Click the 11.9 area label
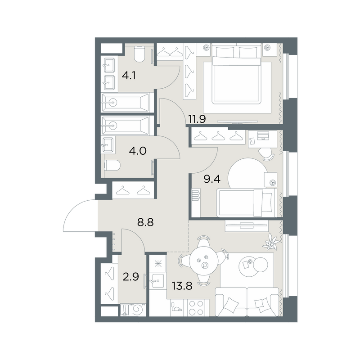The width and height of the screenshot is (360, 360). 197,119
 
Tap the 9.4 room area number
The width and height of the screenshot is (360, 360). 212,179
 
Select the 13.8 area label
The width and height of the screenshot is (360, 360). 182,286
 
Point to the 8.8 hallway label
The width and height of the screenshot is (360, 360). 145,222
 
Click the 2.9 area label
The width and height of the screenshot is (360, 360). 131,277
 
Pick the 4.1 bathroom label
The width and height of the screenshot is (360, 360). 129,75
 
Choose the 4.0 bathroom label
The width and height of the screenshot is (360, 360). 138,151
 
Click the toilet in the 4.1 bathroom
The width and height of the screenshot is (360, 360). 139,54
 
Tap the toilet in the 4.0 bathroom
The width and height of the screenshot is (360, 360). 112,165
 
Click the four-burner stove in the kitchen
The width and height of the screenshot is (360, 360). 196,308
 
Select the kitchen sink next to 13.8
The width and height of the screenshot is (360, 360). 157,280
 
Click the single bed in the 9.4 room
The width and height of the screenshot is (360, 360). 247,202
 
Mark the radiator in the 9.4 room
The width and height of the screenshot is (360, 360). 195,194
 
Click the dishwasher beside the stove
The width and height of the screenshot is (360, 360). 176,308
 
